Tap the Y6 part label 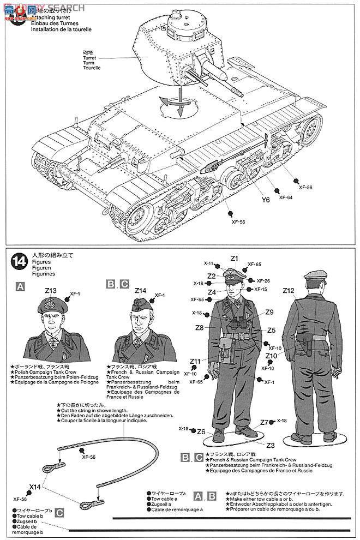click(x=266, y=200)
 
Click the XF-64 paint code click(x=285, y=197)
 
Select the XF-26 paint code click(x=263, y=280)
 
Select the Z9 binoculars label click(x=269, y=312)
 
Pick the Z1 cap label click(x=235, y=258)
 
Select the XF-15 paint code click(x=260, y=289)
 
